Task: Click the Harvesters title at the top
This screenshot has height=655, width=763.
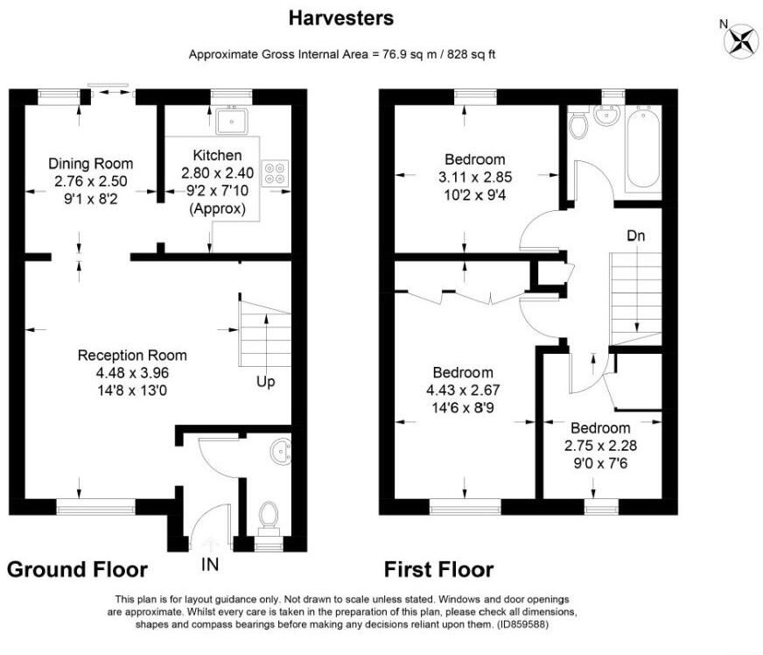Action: pos(341,18)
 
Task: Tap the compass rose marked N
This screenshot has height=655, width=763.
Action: pos(740,41)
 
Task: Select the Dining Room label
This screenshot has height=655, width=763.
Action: pos(90,164)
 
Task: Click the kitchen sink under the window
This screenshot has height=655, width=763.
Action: pos(232,120)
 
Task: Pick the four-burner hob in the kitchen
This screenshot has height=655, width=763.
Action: pos(275,173)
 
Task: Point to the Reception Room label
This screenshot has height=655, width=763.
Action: pos(132,355)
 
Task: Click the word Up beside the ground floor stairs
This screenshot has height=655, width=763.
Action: pos(266,382)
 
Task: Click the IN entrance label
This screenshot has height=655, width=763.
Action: pos(210,565)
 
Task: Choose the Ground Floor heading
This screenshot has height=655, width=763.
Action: pos(77,569)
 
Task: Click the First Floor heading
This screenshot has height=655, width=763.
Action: pos(439,569)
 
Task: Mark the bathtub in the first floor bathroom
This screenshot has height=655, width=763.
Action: pos(643,149)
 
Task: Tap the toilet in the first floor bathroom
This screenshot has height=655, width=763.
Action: pos(578,123)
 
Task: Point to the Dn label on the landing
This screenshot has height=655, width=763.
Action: pos(635,236)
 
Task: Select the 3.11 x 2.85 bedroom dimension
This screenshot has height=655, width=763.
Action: pos(475,177)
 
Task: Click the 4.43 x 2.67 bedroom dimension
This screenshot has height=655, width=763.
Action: pos(463,390)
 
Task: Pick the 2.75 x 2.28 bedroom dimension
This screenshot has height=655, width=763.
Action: pos(600,446)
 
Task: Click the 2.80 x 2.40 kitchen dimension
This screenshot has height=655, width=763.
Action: pos(218,173)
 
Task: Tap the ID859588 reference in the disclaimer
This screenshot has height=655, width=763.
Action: pos(522,624)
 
